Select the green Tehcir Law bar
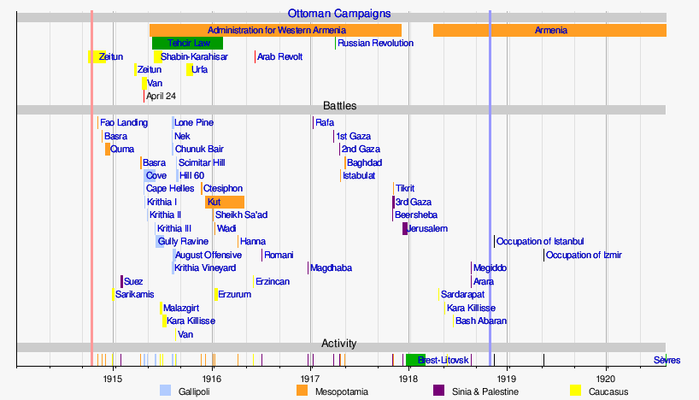click(187, 43)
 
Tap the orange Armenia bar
click(549, 30)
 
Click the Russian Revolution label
click(375, 43)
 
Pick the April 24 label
click(161, 96)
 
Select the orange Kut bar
click(225, 202)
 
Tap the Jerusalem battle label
click(427, 229)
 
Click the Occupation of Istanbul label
click(539, 242)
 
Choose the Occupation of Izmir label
click(584, 255)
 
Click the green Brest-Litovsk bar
click(415, 360)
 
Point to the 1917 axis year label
click(310, 377)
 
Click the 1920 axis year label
click(606, 377)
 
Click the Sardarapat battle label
click(462, 295)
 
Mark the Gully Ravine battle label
click(182, 242)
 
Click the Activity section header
click(339, 344)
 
